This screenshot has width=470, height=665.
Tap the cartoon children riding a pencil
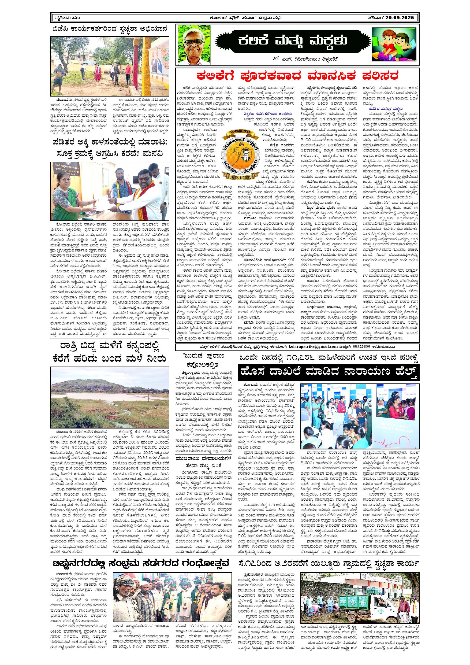[x=394, y=43]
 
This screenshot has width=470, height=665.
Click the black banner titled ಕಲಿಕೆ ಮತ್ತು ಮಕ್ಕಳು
[x=292, y=41]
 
